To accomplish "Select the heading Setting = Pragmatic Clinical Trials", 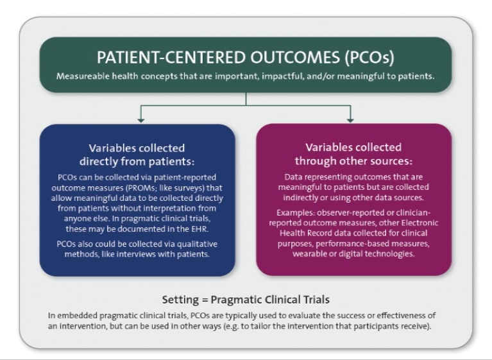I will (246, 300).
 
